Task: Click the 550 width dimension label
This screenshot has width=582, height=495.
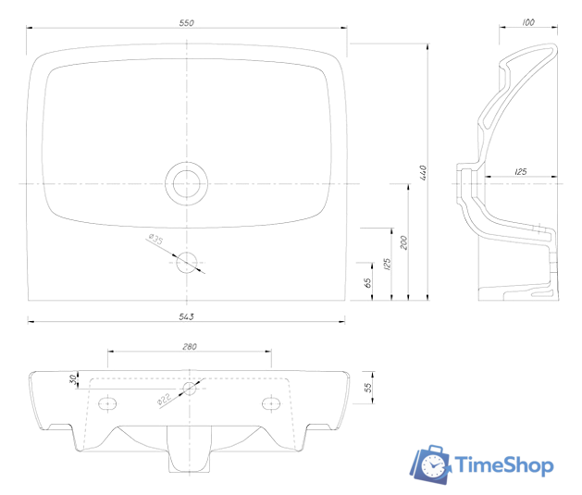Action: [186, 23]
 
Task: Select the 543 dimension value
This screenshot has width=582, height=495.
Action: [186, 316]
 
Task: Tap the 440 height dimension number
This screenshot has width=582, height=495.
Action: [423, 173]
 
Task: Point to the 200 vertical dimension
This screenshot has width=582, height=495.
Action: [403, 242]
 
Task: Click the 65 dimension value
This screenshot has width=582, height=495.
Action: [367, 283]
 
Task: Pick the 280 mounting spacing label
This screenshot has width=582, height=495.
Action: [190, 347]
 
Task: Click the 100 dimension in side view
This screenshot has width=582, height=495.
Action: [528, 22]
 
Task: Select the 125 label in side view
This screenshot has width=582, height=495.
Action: [520, 171]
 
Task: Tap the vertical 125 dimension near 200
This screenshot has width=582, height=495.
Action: [387, 265]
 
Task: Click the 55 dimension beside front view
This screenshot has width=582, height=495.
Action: [367, 388]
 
